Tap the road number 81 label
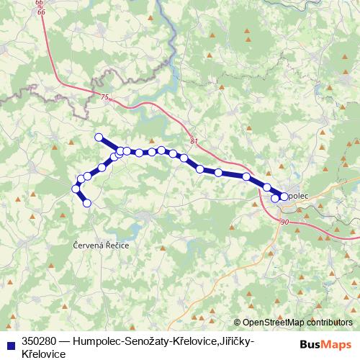(194, 141)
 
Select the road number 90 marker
(285, 222)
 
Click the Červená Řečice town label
(101, 246)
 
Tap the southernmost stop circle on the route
(88, 203)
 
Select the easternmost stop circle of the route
(284, 196)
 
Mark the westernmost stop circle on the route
(75, 189)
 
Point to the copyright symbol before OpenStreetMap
(238, 323)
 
